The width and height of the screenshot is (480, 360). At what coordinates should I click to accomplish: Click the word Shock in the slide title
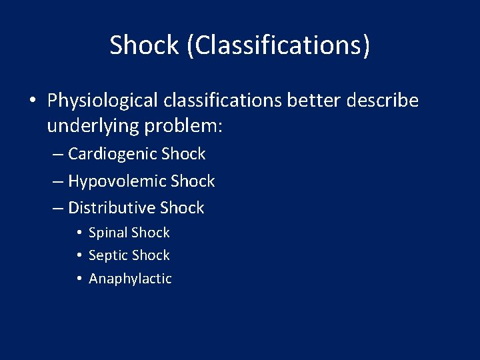coord(145,45)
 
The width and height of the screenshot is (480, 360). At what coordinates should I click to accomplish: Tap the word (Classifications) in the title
coord(278,46)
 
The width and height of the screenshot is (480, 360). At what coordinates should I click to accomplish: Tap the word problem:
coord(182,126)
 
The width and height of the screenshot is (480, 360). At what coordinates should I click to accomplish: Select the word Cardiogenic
coord(113,154)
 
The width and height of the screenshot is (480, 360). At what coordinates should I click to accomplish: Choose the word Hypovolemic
coord(117,181)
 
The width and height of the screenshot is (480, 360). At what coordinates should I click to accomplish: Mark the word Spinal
coord(108,233)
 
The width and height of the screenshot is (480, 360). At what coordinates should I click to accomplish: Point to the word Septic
coord(108,255)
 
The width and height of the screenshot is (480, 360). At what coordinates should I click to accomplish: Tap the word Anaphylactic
coord(130,279)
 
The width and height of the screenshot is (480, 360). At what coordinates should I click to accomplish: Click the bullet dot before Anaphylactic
coord(79,279)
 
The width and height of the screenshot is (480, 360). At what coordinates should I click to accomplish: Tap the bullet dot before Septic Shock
coord(79,255)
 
